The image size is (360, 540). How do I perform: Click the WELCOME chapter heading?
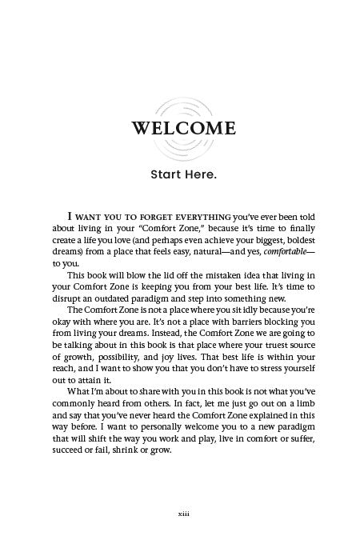pos(179,128)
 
